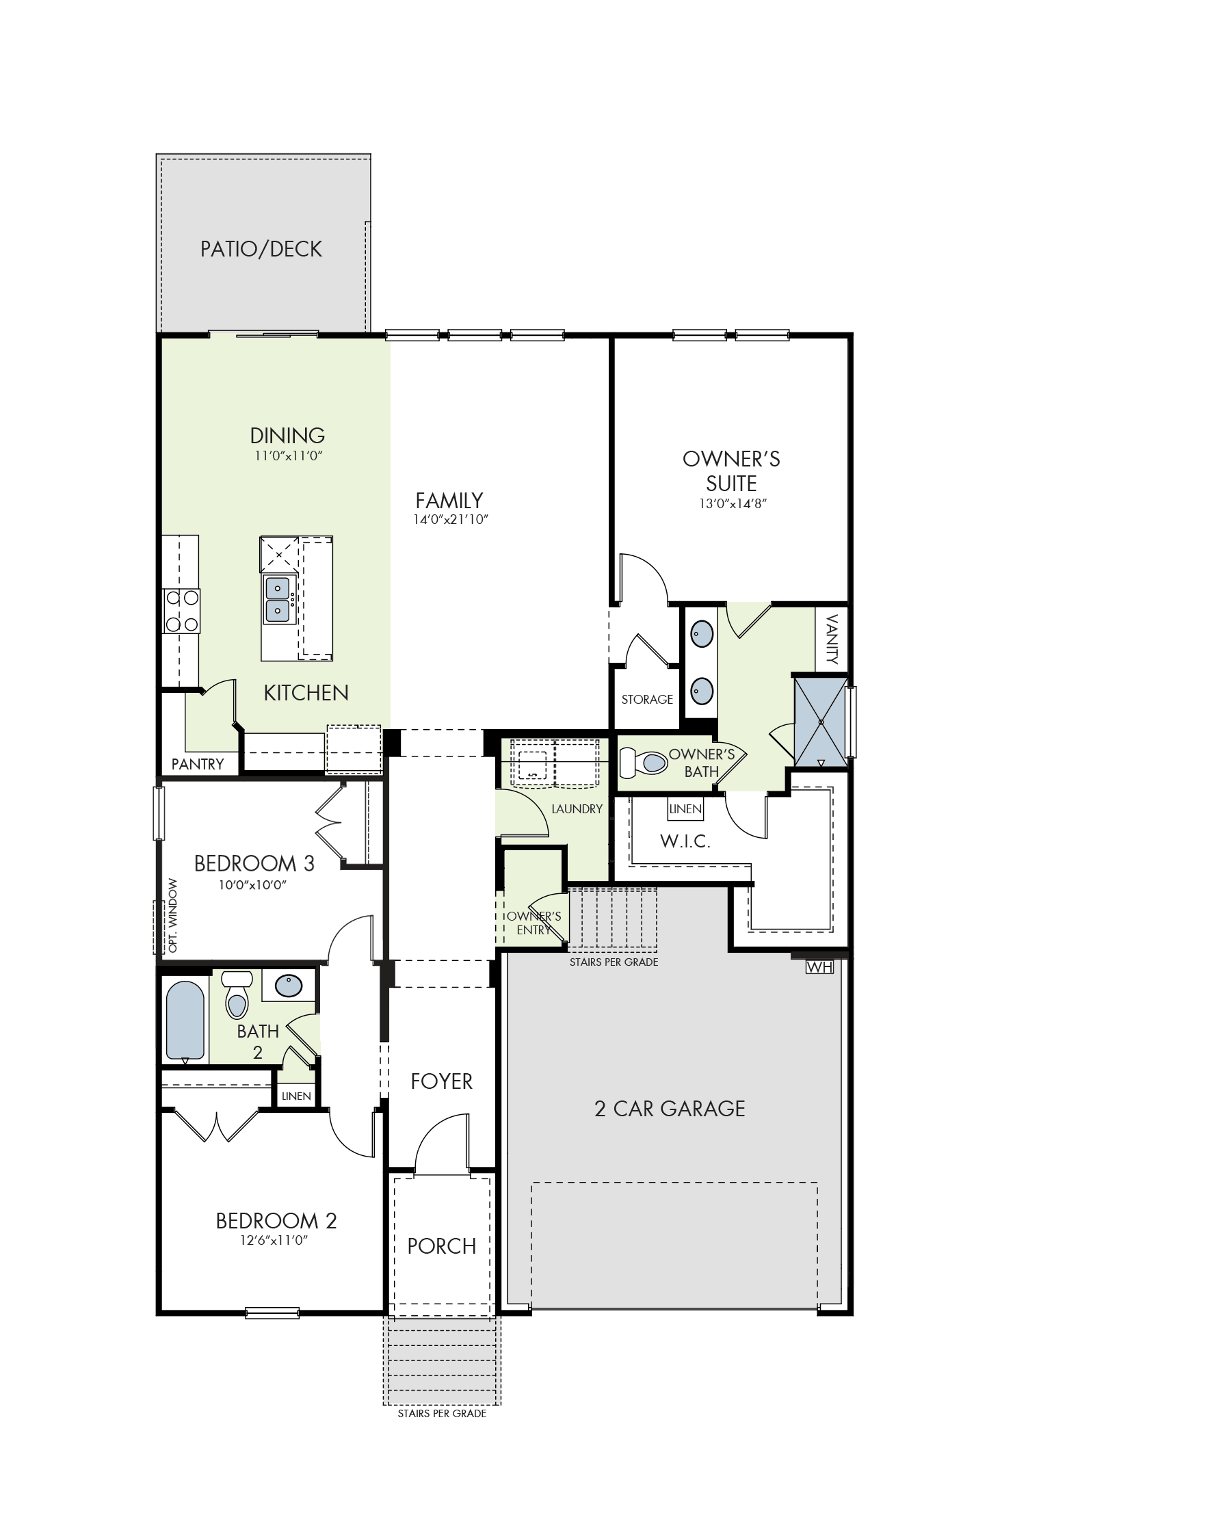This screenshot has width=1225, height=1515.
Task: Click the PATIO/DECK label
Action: click(261, 249)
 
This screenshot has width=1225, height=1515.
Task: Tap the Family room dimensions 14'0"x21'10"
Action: click(451, 519)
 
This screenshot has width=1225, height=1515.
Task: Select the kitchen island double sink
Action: click(277, 600)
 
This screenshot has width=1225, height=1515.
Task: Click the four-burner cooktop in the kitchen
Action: click(182, 611)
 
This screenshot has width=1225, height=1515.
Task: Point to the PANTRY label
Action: click(198, 764)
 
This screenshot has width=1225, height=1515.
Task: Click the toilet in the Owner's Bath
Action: click(644, 763)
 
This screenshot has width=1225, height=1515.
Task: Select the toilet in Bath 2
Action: click(237, 996)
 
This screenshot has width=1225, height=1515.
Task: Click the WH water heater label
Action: click(819, 967)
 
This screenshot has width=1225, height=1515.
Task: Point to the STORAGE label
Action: click(647, 699)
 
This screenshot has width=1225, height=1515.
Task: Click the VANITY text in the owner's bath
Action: click(832, 640)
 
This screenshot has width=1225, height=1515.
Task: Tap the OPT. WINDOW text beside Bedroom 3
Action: click(173, 915)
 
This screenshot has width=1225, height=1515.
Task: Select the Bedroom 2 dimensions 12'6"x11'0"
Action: click(274, 1240)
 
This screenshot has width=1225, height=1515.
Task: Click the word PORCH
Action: click(442, 1246)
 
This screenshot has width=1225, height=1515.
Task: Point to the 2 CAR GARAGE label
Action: click(670, 1109)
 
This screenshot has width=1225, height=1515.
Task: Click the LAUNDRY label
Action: click(577, 808)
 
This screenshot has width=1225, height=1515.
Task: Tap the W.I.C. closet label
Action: click(685, 841)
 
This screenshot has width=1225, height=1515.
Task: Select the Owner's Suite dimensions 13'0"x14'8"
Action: click(733, 504)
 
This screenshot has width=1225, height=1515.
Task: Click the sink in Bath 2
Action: click(289, 985)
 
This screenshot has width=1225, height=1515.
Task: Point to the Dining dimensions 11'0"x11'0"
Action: click(288, 456)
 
